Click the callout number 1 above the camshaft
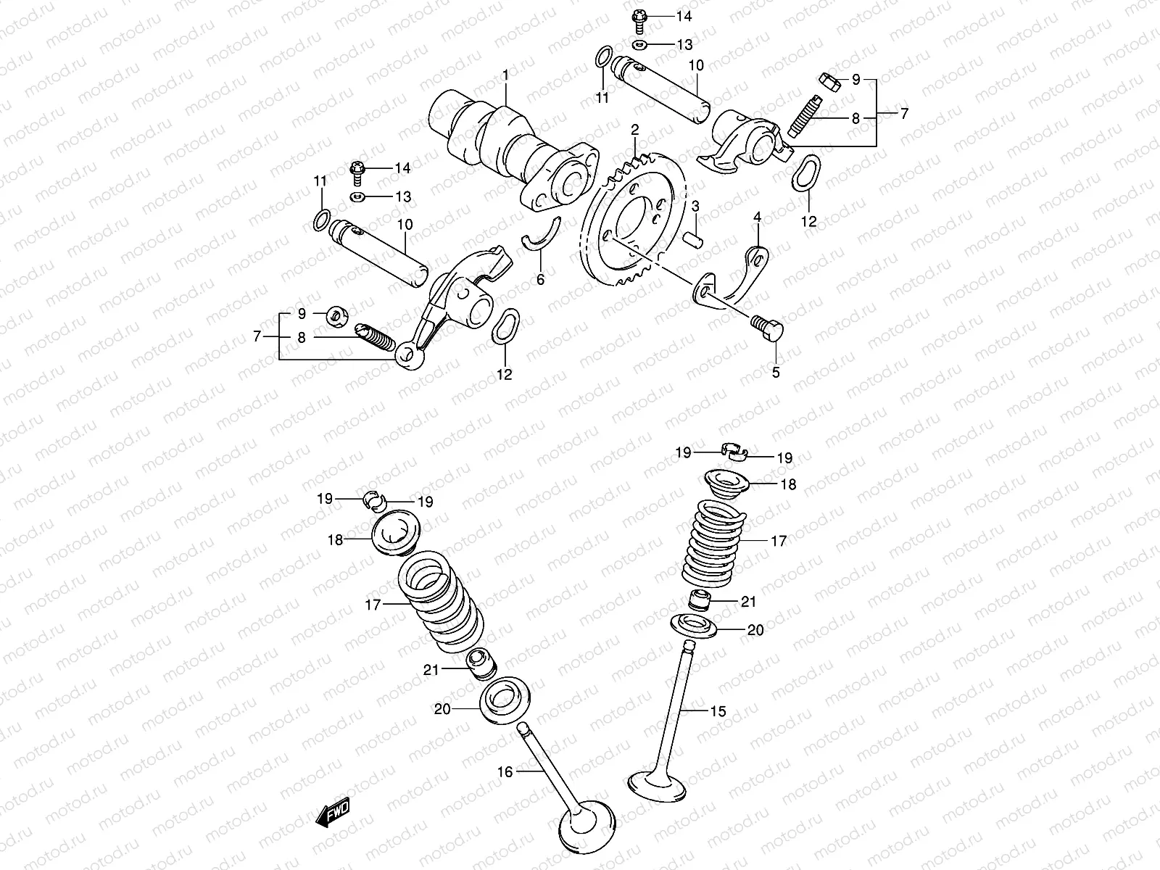click(x=505, y=75)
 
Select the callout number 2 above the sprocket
click(x=634, y=130)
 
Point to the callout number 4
click(x=757, y=217)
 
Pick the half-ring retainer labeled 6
click(x=541, y=236)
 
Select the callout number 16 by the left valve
click(x=505, y=772)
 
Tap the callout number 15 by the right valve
click(x=718, y=711)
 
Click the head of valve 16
click(x=587, y=834)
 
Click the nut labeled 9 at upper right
click(x=829, y=82)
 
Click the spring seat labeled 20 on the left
click(x=502, y=701)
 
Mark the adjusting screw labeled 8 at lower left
click(x=375, y=337)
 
